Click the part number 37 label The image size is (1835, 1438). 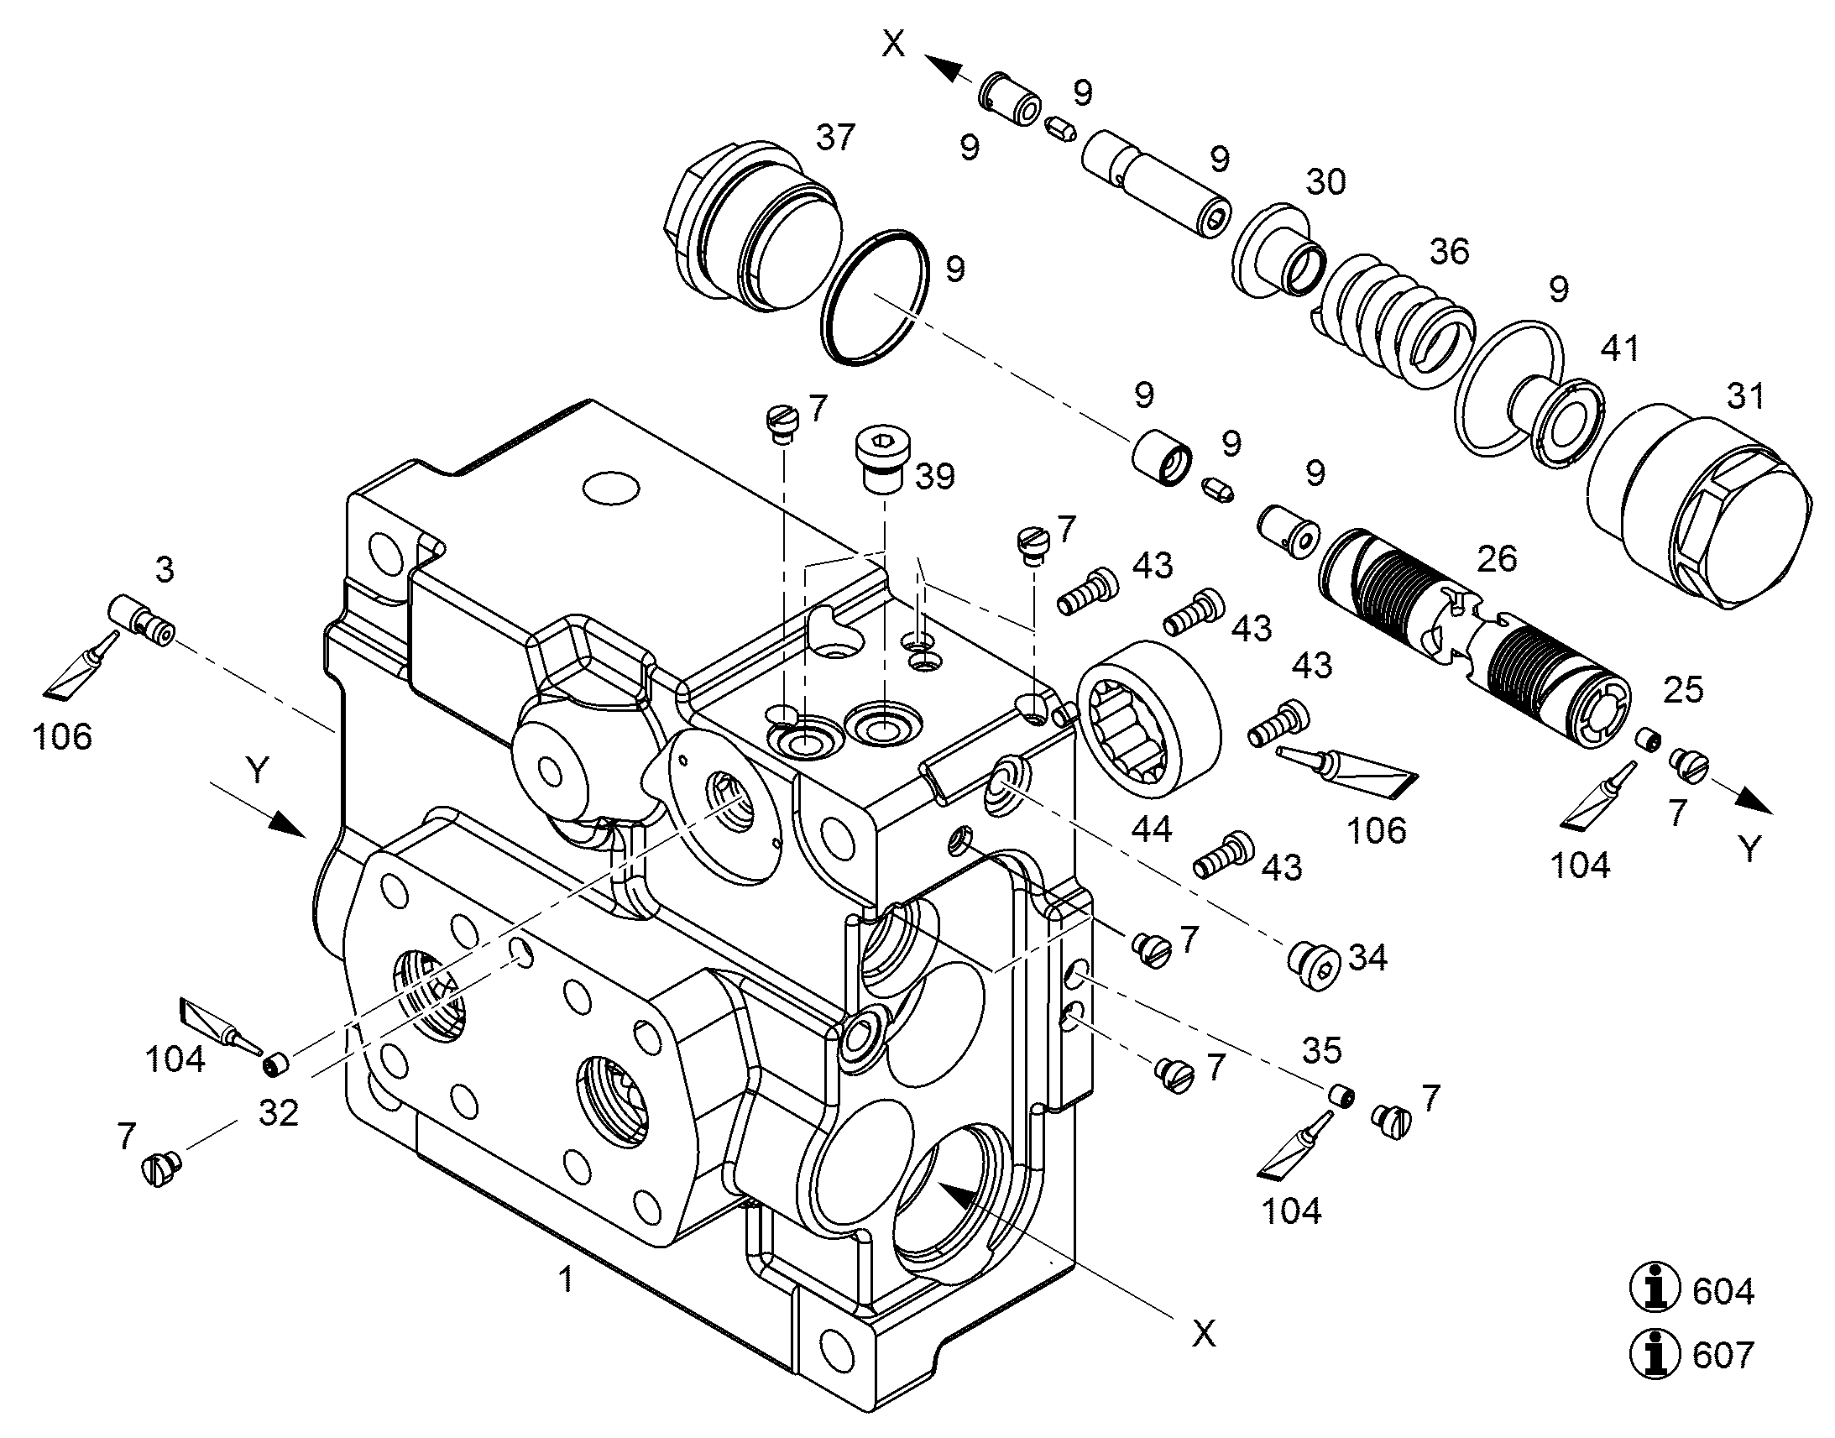835,137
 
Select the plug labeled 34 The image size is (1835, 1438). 1315,965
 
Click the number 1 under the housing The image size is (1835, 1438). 567,1279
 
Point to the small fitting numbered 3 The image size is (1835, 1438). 140,620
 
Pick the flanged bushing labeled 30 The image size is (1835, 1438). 1279,251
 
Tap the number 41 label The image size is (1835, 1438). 1620,348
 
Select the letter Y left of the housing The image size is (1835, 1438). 258,771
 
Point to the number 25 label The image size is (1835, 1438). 1684,689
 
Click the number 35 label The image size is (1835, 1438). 1322,1050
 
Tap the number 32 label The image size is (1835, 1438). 279,1113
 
